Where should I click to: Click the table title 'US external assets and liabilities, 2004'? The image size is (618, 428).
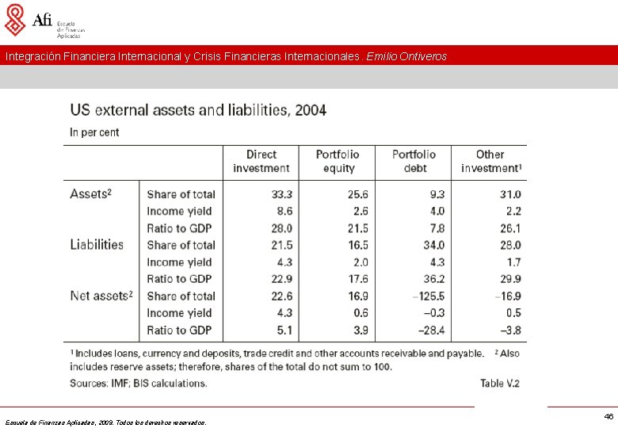coord(198,110)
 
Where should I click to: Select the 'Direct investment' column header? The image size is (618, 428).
coord(261,161)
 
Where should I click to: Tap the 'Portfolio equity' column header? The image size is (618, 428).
coord(338,161)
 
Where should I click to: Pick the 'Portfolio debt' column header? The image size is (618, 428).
coord(414,161)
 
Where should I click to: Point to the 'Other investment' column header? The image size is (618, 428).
coord(490,161)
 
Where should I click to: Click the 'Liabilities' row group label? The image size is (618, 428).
coord(97,245)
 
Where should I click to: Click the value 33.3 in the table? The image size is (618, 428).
coord(281,194)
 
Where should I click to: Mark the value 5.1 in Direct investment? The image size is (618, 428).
coord(284,330)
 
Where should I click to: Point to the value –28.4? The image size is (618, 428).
coord(430,330)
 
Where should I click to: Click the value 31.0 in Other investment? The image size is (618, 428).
coord(510,194)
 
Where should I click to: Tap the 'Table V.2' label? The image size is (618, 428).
coord(500,384)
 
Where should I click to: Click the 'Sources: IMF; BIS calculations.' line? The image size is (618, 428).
coord(139,384)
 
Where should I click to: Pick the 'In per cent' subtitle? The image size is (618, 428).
coord(94,132)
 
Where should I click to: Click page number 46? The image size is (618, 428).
coord(608,416)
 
